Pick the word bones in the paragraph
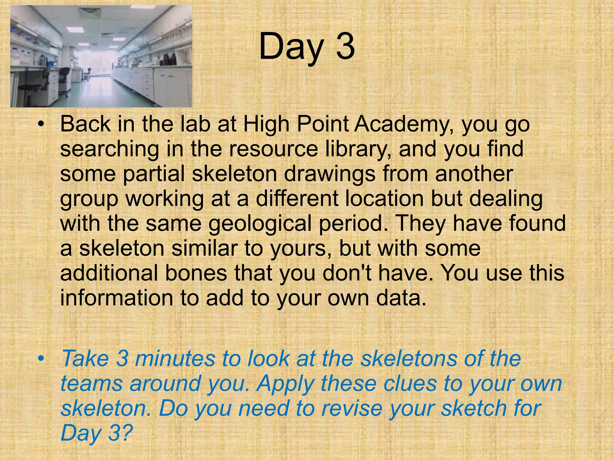[196, 273]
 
